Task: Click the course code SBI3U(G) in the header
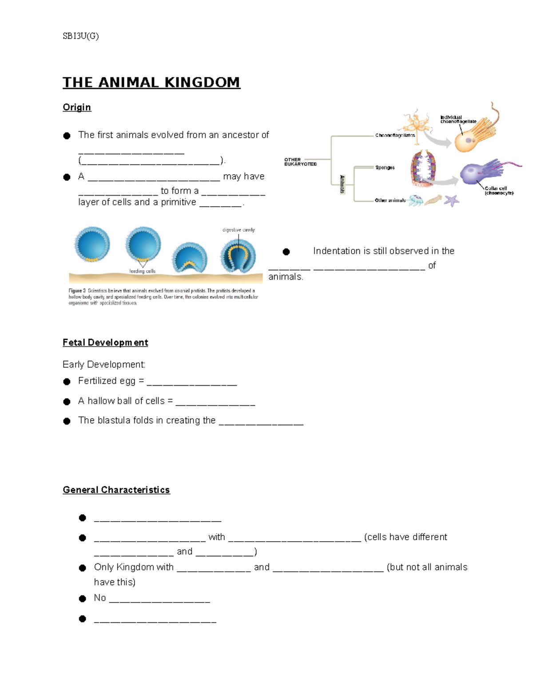[x=80, y=36]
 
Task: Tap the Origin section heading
[x=77, y=107]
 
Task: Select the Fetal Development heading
[x=105, y=343]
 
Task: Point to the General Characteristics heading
[x=116, y=490]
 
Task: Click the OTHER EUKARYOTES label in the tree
[x=300, y=162]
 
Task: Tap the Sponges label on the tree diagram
[x=385, y=168]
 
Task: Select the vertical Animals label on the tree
[x=342, y=184]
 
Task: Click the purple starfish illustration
[x=452, y=200]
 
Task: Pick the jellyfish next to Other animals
[x=416, y=200]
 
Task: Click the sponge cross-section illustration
[x=423, y=168]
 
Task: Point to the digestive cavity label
[x=239, y=230]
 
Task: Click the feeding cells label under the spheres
[x=142, y=271]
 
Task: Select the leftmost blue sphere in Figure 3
[x=92, y=244]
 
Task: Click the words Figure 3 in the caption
[x=77, y=291]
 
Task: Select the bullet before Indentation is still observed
[x=286, y=252]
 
